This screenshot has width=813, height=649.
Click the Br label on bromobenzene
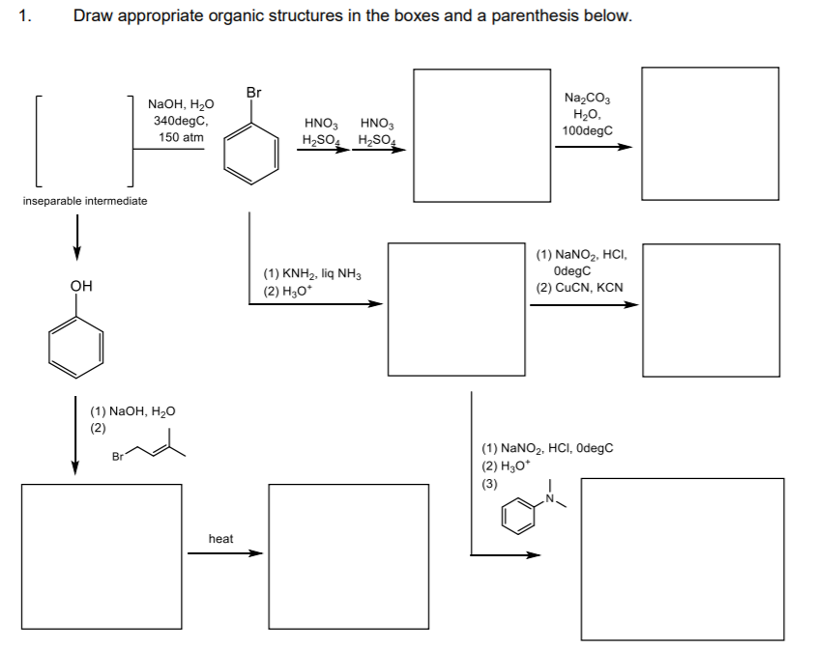tap(253, 93)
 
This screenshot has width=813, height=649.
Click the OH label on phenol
tap(81, 286)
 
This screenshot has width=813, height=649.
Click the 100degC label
tap(587, 130)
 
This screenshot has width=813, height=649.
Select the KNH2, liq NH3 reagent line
tap(311, 274)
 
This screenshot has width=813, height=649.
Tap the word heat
tap(220, 538)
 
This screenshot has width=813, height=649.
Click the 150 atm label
tap(182, 138)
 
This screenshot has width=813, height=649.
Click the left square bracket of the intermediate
tap(37, 139)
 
